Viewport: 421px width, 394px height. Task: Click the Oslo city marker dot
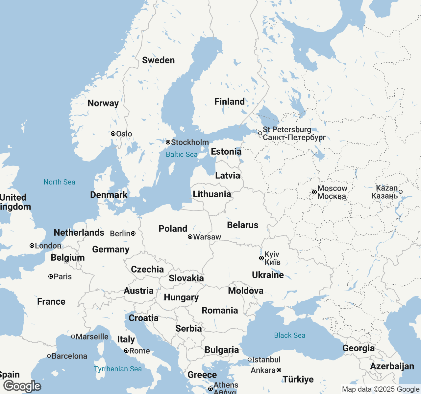pyautogui.click(x=113, y=134)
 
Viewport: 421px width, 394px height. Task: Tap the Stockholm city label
pyautogui.click(x=190, y=142)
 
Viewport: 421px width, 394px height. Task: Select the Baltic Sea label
pyautogui.click(x=182, y=154)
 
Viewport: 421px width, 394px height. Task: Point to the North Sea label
pyautogui.click(x=59, y=182)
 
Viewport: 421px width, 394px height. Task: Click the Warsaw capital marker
pyautogui.click(x=190, y=237)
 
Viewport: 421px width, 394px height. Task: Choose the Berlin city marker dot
pyautogui.click(x=133, y=233)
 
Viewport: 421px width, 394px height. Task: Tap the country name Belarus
pyautogui.click(x=243, y=225)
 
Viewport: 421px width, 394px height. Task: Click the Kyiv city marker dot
pyautogui.click(x=261, y=258)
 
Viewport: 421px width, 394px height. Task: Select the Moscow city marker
pyautogui.click(x=314, y=192)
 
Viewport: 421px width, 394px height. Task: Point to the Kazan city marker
pyautogui.click(x=401, y=192)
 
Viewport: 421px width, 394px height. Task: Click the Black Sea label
pyautogui.click(x=289, y=335)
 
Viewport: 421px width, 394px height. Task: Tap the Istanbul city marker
pyautogui.click(x=250, y=360)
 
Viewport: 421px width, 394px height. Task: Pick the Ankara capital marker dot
pyautogui.click(x=279, y=370)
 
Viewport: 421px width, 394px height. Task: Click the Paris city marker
pyautogui.click(x=51, y=276)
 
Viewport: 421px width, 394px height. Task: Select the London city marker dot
pyautogui.click(x=32, y=246)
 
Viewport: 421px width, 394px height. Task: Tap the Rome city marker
pyautogui.click(x=126, y=351)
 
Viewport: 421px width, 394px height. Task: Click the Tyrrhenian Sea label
pyautogui.click(x=118, y=369)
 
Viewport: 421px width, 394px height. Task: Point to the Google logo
pyautogui.click(x=22, y=386)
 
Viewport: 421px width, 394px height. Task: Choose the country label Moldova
pyautogui.click(x=246, y=291)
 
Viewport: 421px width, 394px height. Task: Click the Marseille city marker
pyautogui.click(x=73, y=337)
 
